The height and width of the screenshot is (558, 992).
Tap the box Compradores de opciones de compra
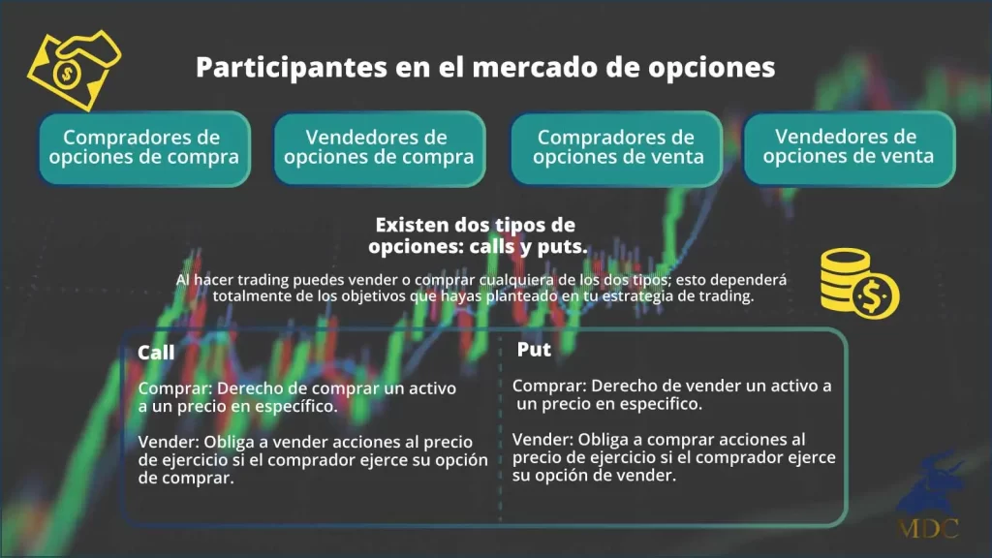pyautogui.click(x=141, y=147)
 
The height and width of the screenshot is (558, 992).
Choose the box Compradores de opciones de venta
pyautogui.click(x=616, y=147)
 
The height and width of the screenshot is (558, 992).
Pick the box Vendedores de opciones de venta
pyautogui.click(x=848, y=147)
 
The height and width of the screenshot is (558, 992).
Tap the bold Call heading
pyautogui.click(x=157, y=353)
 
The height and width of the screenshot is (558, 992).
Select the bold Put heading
pyautogui.click(x=534, y=350)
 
